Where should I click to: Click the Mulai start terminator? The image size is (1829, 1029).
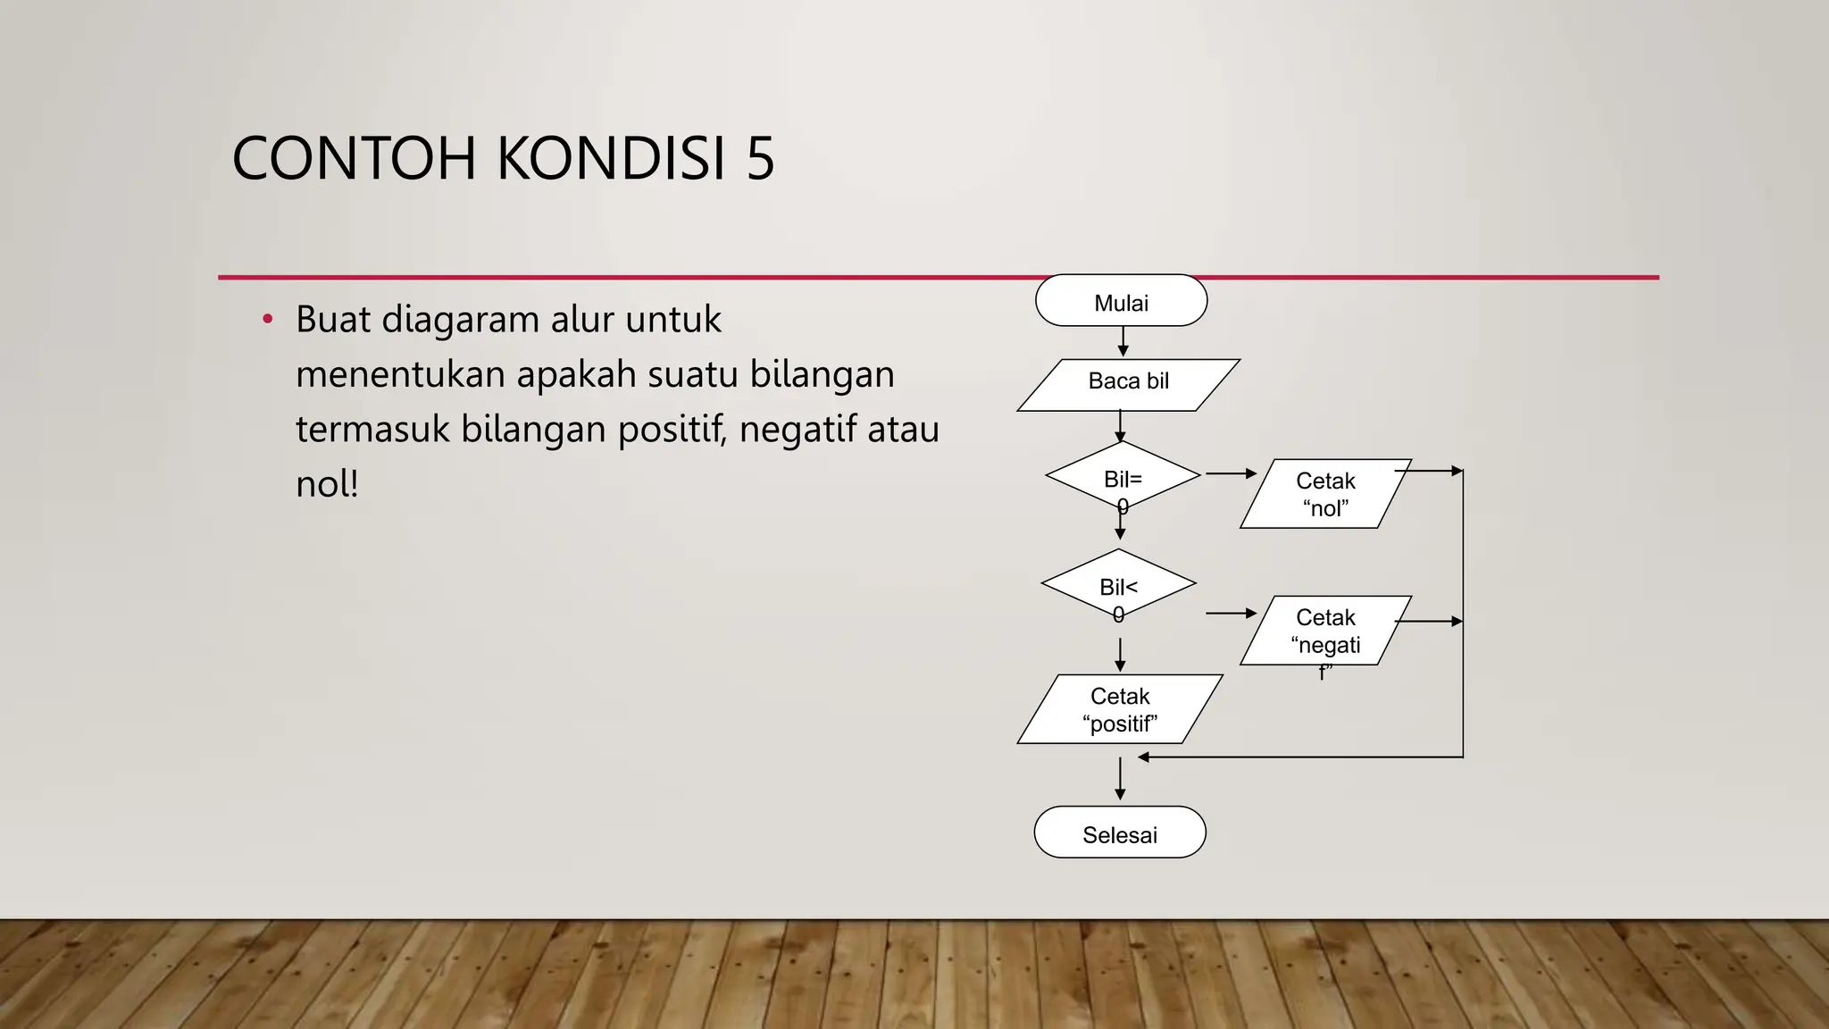click(1121, 301)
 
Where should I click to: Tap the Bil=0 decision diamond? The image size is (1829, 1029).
click(1123, 476)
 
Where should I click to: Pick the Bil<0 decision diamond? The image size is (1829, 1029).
click(1118, 584)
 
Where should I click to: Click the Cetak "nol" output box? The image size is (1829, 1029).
click(1325, 494)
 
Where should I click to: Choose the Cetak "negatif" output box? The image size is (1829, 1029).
click(1325, 631)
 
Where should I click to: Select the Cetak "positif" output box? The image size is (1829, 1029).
click(1120, 709)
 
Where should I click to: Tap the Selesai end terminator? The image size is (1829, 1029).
click(1120, 832)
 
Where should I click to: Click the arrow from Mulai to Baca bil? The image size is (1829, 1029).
click(1123, 342)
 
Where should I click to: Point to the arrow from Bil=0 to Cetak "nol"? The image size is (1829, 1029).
click(1231, 473)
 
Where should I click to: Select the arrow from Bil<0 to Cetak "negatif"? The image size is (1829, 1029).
click(1231, 614)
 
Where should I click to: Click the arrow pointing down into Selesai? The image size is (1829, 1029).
click(1120, 780)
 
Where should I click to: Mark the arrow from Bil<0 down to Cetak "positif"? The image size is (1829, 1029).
click(1120, 655)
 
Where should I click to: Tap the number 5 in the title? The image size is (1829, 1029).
click(760, 159)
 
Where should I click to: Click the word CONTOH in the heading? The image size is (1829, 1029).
click(355, 159)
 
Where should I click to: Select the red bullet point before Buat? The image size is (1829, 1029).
click(267, 319)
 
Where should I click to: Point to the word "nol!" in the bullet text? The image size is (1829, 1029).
click(327, 484)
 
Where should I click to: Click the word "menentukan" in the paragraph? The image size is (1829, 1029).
click(400, 374)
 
